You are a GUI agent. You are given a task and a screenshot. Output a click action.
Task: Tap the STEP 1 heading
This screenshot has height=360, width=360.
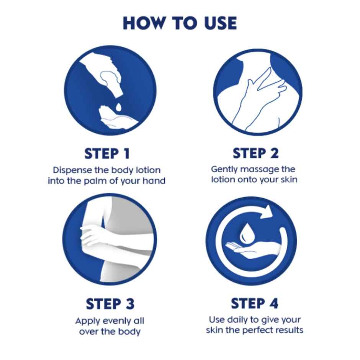(x=107, y=154)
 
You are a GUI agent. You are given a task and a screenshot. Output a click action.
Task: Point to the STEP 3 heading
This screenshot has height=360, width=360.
(x=110, y=304)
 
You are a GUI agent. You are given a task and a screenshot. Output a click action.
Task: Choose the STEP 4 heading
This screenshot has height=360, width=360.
(x=254, y=303)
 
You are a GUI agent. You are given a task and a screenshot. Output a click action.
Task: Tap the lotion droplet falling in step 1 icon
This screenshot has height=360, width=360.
(x=119, y=105)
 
